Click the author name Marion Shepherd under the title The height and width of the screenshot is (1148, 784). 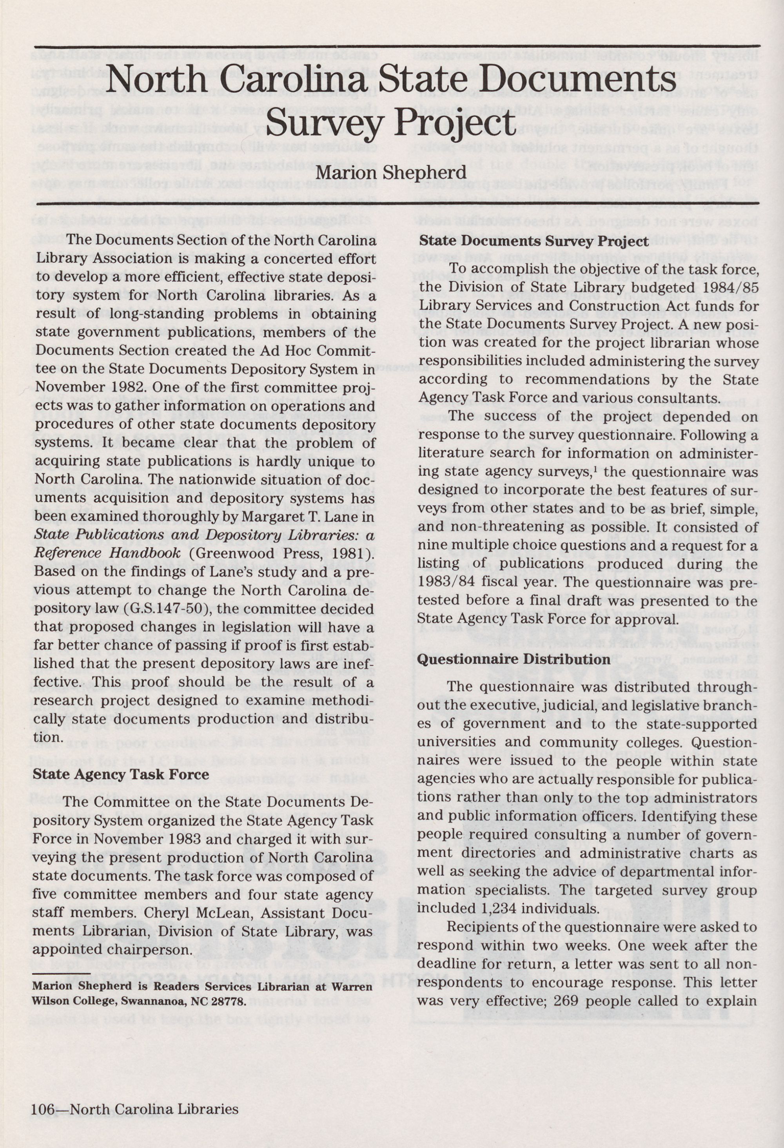[391, 172]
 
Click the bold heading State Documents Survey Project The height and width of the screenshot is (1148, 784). [534, 241]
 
